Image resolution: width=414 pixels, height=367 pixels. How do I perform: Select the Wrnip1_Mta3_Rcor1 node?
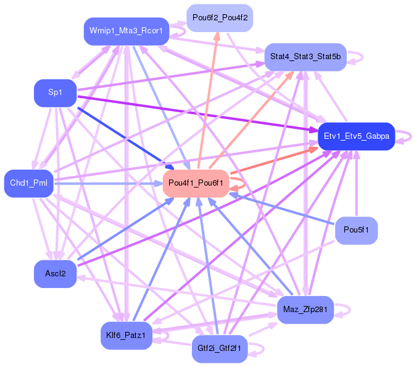pos(126,31)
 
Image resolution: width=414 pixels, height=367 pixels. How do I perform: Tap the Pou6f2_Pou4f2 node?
pos(220,19)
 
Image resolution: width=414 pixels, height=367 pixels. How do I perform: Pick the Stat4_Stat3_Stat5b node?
pos(305,57)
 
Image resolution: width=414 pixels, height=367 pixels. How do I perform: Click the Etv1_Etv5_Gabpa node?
pos(356,136)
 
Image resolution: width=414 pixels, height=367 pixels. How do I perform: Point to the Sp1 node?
pos(55,93)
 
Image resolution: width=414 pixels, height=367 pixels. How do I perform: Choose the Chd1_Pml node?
pos(29,183)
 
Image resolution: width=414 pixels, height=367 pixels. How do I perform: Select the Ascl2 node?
pos(55,273)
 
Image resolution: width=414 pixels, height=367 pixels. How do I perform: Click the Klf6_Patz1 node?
pos(126,336)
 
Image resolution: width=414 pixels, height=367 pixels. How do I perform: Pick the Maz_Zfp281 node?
pos(305,310)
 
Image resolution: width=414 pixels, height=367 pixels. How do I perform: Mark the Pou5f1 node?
pos(356,231)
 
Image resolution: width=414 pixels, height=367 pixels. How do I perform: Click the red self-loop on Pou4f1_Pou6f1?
pos(242,183)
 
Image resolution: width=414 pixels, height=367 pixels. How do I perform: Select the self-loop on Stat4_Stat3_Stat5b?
pos(356,57)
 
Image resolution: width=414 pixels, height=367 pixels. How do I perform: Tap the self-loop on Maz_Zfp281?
pos(343,310)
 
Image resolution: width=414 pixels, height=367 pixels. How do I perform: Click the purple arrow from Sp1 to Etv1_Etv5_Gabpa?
pos(197,113)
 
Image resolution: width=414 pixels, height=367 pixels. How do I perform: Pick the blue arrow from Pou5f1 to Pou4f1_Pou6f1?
pos(284,208)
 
